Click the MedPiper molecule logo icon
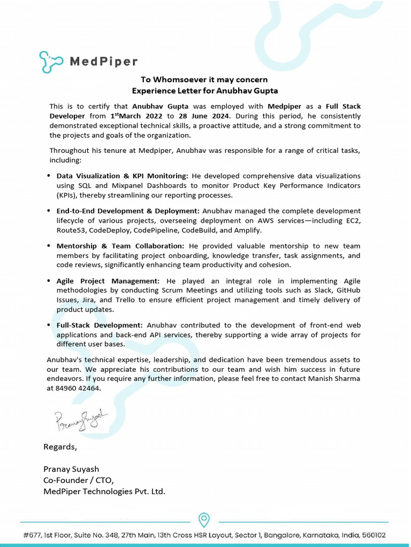(x=51, y=61)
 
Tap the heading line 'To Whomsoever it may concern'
(x=204, y=80)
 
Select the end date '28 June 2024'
(x=205, y=116)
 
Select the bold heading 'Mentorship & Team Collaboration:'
(x=120, y=246)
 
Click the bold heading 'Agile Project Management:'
(x=108, y=281)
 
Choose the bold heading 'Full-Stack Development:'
(x=100, y=325)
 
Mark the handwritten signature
(x=81, y=420)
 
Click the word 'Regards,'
(x=60, y=447)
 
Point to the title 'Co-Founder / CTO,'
(x=79, y=480)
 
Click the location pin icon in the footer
(x=204, y=520)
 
